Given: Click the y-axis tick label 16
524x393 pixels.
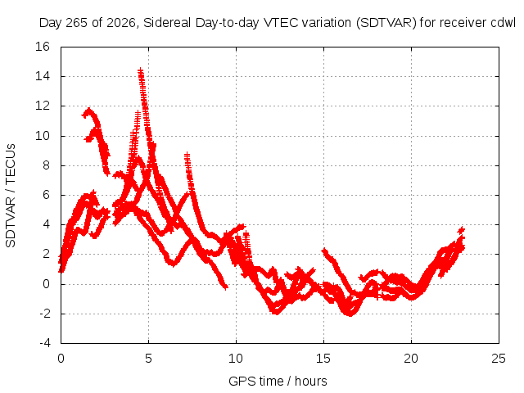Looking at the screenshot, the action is click(43, 47).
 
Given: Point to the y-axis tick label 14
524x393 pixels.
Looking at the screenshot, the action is click(43, 76).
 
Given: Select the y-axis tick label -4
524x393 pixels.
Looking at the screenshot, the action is click(44, 343).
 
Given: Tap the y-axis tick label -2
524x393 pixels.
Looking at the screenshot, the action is click(44, 314).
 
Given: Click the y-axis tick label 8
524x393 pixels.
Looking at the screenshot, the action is click(46, 165).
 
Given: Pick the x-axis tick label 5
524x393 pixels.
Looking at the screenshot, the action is click(148, 359).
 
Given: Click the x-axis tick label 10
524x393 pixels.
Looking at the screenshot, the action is click(236, 359).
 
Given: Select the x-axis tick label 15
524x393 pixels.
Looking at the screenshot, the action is click(323, 359).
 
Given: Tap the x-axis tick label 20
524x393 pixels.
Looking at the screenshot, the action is click(411, 359).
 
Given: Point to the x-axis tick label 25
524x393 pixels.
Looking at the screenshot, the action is click(499, 359).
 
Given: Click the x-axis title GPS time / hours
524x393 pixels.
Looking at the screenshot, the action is click(278, 381).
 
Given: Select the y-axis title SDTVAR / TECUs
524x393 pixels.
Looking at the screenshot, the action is click(11, 196).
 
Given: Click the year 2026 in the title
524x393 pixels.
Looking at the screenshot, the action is click(120, 23).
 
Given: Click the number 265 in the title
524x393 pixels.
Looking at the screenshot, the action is click(78, 23).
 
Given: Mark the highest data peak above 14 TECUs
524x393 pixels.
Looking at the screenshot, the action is click(141, 70).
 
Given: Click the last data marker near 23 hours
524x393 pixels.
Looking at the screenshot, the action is click(462, 230).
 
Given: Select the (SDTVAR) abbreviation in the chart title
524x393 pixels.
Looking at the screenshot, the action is click(386, 23).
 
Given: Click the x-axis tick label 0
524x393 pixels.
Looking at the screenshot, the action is click(61, 359).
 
